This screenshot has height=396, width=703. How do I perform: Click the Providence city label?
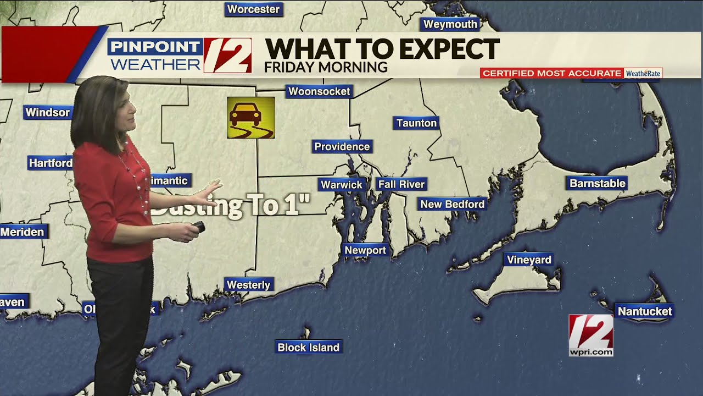coord(342,147)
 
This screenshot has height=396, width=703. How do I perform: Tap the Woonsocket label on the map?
coord(319,91)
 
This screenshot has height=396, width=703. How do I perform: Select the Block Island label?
coord(309,347)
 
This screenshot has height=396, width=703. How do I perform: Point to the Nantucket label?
coord(644,311)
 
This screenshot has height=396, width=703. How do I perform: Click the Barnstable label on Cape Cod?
coord(598,183)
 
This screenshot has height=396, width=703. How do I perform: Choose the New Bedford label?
coord(452,204)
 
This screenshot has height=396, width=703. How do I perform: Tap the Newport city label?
coord(365,250)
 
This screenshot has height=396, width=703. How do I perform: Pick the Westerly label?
coord(249,284)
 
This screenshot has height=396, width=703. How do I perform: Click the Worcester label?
coord(253,9)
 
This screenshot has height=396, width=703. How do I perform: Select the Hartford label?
coord(51,163)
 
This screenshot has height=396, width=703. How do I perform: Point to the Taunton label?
coord(416,123)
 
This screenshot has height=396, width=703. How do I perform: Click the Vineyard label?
coord(529,260)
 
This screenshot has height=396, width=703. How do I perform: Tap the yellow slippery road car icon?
coord(251,118)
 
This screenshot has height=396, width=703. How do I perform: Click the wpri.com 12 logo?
coord(591,335)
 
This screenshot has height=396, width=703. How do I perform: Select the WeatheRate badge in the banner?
coord(643,73)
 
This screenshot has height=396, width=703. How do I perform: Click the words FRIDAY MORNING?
coord(326,67)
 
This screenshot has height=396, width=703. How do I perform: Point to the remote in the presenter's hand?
coord(198,227)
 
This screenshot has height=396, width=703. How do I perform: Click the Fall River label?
coord(401,184)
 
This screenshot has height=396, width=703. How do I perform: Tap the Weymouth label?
coord(450,24)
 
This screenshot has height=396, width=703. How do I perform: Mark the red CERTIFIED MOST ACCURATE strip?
coord(551,73)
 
